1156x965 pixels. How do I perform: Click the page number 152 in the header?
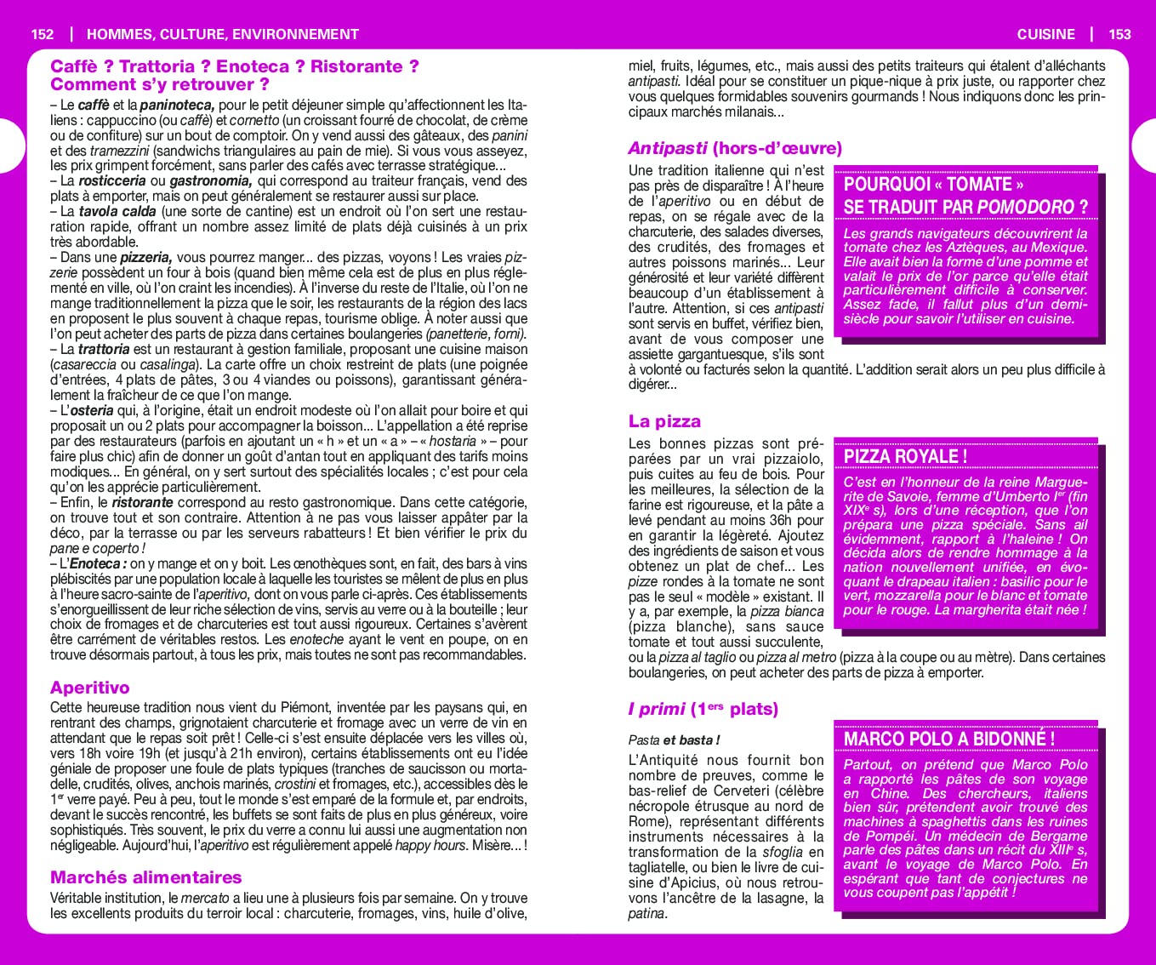pos(42,35)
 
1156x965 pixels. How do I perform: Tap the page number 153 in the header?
pos(1119,35)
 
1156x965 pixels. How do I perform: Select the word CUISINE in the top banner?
pos(1045,35)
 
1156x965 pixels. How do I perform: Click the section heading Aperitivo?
pos(89,688)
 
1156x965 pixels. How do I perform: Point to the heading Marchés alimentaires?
pos(145,877)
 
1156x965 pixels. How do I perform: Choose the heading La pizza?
pos(664,421)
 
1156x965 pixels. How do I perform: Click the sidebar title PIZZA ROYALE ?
pos(905,456)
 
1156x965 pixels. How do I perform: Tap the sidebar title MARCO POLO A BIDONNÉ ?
pos(948,739)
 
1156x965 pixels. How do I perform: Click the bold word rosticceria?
pos(112,181)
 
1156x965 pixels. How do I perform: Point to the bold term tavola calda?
pos(117,212)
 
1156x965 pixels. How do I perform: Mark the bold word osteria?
pos(92,411)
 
